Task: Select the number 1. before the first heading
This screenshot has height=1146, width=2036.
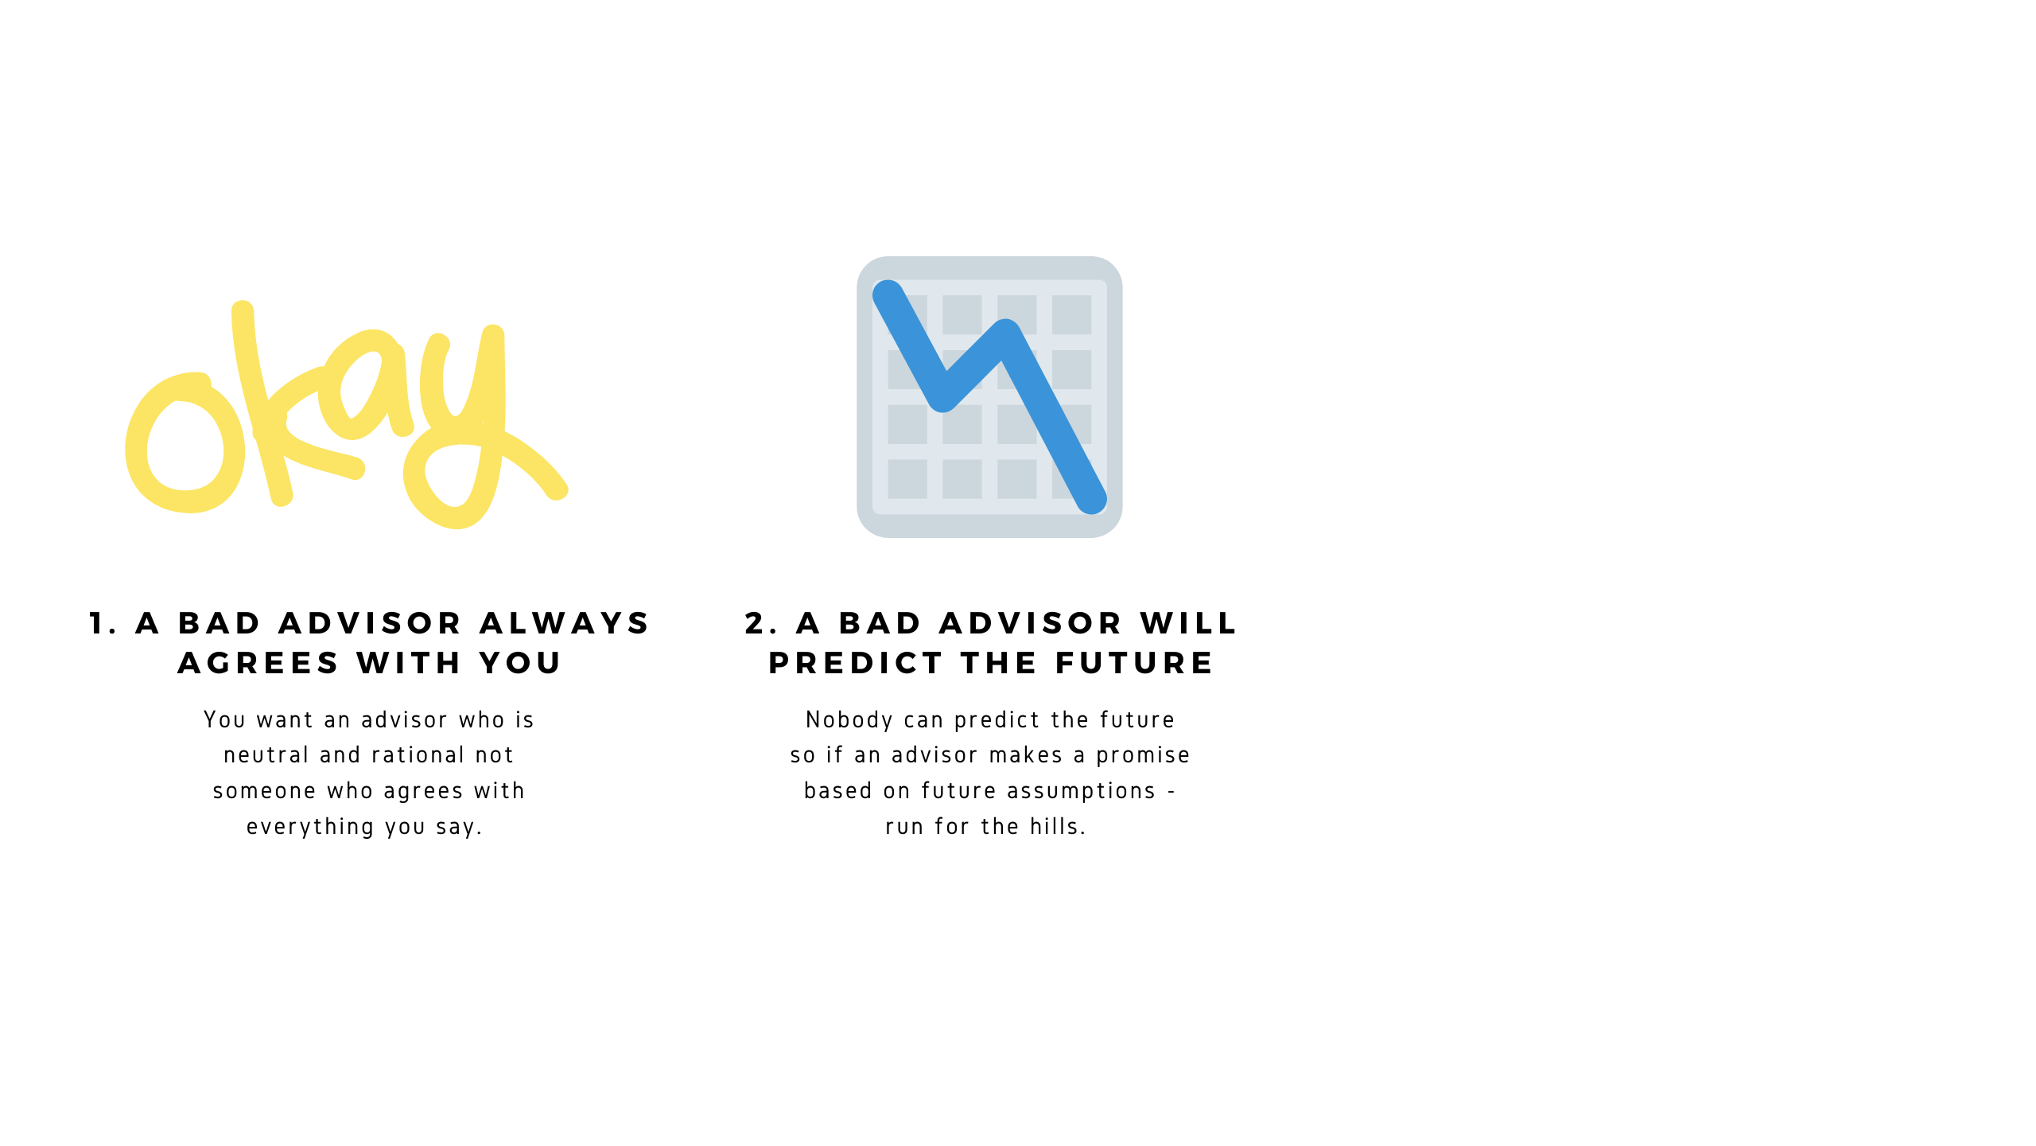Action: (103, 623)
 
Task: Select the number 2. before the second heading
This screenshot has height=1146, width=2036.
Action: (761, 623)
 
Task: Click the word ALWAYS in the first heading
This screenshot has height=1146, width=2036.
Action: (565, 623)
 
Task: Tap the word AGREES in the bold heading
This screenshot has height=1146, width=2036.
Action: (258, 663)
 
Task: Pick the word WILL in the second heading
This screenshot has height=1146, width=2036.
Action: (1188, 623)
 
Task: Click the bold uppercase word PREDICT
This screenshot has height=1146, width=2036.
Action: (855, 663)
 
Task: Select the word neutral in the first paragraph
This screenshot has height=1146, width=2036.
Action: (266, 754)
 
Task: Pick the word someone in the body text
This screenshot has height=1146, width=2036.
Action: (264, 791)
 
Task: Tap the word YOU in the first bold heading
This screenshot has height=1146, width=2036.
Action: (520, 663)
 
